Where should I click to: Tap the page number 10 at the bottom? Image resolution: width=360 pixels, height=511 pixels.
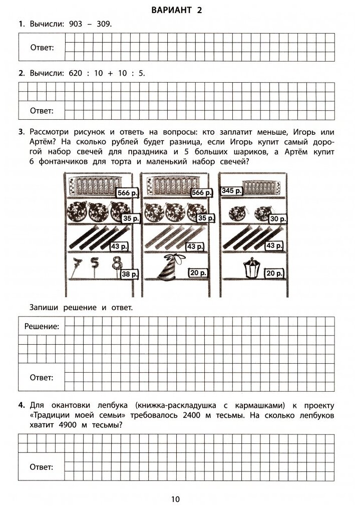coord(175,499)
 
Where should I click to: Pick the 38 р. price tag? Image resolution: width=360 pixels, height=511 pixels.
coord(130,274)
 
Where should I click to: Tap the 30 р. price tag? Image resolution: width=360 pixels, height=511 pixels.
coord(277,218)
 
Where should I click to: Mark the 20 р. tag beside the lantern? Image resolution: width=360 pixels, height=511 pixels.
coord(274,273)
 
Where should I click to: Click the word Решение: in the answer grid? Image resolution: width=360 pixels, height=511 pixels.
coord(42,326)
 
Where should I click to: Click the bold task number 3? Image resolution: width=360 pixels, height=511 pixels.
coord(21,132)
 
